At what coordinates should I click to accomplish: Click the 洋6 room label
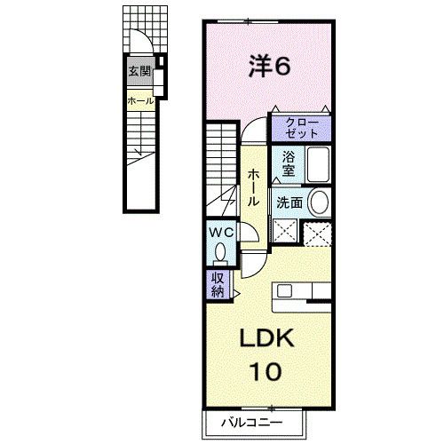pos(269,67)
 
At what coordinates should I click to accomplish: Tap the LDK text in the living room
pos(266,337)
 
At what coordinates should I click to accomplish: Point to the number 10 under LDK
pos(266,371)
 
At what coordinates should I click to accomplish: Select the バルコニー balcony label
pos(252,423)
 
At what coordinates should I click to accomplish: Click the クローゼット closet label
pos(302,128)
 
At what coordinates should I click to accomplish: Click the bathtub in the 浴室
pos(318,164)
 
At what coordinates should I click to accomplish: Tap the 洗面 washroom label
pos(289,203)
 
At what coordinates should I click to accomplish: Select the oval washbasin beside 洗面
pos(319,202)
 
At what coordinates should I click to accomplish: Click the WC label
pos(221,233)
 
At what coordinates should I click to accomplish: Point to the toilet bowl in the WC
pos(220,251)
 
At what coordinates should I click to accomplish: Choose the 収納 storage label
pos(218,284)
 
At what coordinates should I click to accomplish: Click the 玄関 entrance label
pos(139,71)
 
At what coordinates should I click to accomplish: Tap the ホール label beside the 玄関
pos(141,101)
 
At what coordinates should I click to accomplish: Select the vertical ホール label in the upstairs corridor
pos(253,187)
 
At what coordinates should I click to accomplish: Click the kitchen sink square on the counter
pos(284,290)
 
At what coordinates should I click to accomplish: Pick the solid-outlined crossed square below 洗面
pos(285,231)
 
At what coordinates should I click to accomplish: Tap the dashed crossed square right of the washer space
pos(317,234)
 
